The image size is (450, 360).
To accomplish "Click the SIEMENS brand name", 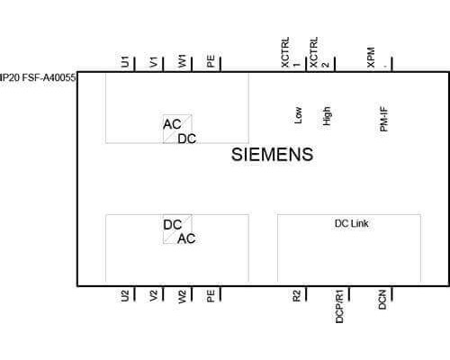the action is pyautogui.click(x=272, y=155).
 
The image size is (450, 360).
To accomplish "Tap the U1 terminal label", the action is pyautogui.click(x=125, y=61).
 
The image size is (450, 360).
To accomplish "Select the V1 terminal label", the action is pyautogui.click(x=154, y=62).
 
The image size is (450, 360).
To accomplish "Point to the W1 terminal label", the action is pyautogui.click(x=183, y=61).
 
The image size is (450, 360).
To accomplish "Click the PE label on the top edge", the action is pyautogui.click(x=211, y=61).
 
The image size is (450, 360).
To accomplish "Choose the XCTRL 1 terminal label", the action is pyautogui.click(x=291, y=52).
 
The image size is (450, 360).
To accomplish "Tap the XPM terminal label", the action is pyautogui.click(x=371, y=58).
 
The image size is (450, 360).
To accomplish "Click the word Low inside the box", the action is pyautogui.click(x=298, y=115).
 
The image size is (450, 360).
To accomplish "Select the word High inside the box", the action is pyautogui.click(x=327, y=116).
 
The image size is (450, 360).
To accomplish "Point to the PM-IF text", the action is pyautogui.click(x=383, y=119).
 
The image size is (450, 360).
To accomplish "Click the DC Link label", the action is pyautogui.click(x=352, y=223).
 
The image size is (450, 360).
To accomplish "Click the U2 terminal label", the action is pyautogui.click(x=125, y=296).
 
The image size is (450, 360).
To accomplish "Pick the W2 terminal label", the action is pyautogui.click(x=183, y=297).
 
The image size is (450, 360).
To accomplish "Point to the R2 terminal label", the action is pyautogui.click(x=296, y=296).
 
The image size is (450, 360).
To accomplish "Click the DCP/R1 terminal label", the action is pyautogui.click(x=339, y=307).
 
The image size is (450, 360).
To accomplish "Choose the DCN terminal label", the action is pyautogui.click(x=382, y=300).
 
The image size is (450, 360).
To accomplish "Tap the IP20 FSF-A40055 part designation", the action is pyautogui.click(x=38, y=78).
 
